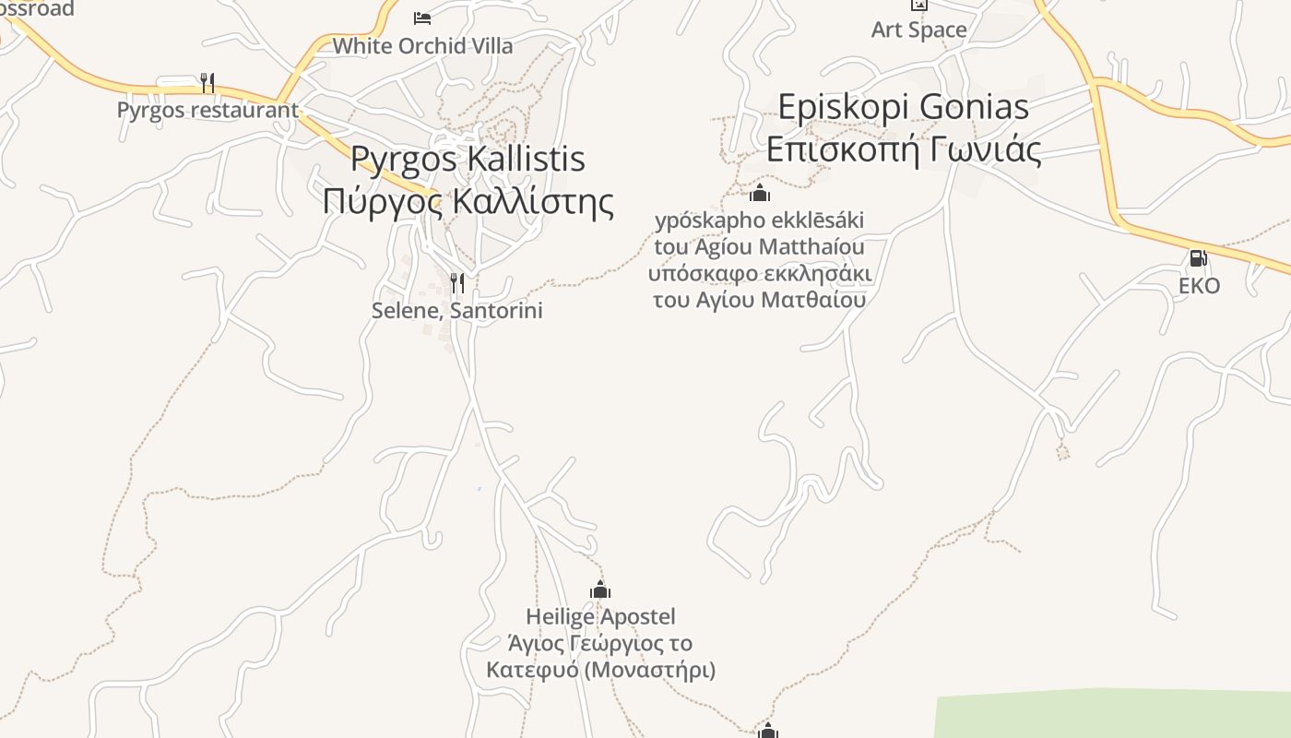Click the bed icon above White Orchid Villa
pyautogui.click(x=422, y=18)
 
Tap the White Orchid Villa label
pyautogui.click(x=422, y=45)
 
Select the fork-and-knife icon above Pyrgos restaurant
pyautogui.click(x=207, y=83)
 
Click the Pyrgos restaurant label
pyautogui.click(x=207, y=110)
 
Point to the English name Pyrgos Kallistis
pyautogui.click(x=468, y=159)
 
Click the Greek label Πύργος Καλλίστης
pyautogui.click(x=468, y=200)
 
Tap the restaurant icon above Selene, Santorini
pyautogui.click(x=456, y=282)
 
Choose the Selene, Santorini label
pyautogui.click(x=456, y=311)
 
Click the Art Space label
pyautogui.click(x=918, y=30)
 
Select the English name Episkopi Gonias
pyautogui.click(x=903, y=107)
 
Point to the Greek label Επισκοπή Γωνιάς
pyautogui.click(x=903, y=149)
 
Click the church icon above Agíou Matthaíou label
pyautogui.click(x=759, y=193)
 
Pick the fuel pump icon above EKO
pyautogui.click(x=1198, y=258)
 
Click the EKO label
pyautogui.click(x=1199, y=286)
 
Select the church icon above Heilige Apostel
pyautogui.click(x=600, y=590)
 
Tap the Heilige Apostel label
pyautogui.click(x=600, y=616)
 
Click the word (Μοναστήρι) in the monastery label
pyautogui.click(x=649, y=670)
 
